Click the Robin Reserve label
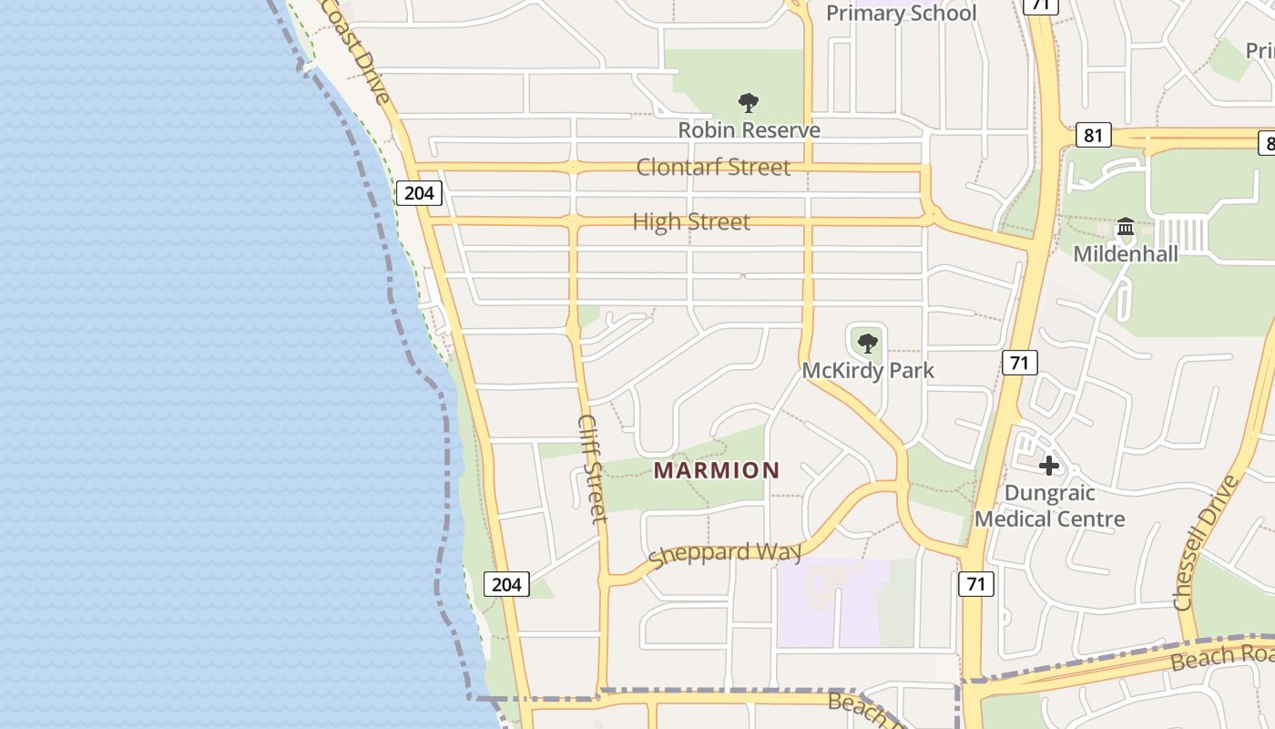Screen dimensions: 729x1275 pyautogui.click(x=749, y=130)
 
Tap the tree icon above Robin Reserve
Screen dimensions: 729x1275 pyautogui.click(x=749, y=102)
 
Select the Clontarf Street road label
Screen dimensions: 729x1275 pyautogui.click(x=713, y=167)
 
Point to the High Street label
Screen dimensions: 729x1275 pyautogui.click(x=691, y=221)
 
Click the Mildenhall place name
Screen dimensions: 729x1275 pyautogui.click(x=1126, y=253)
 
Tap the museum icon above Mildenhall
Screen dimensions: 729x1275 pyautogui.click(x=1126, y=226)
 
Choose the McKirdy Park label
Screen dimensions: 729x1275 pyautogui.click(x=868, y=371)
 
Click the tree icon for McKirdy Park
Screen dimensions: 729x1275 pyautogui.click(x=868, y=344)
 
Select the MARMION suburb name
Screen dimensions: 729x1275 pyautogui.click(x=717, y=470)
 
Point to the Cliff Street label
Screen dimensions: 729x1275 pyautogui.click(x=592, y=469)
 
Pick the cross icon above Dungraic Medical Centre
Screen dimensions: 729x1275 pyautogui.click(x=1048, y=466)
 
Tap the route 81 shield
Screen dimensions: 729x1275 pyautogui.click(x=1093, y=136)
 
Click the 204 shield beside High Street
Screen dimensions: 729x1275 pyautogui.click(x=419, y=192)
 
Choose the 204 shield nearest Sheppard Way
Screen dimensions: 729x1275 pyautogui.click(x=505, y=584)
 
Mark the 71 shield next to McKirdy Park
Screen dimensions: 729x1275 pyautogui.click(x=1019, y=363)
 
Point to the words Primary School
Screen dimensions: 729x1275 pyautogui.click(x=901, y=13)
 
